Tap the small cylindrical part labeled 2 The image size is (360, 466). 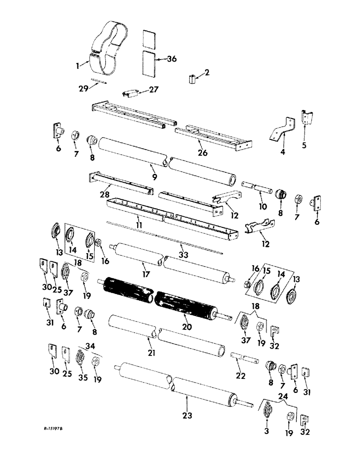pyautogui.click(x=191, y=79)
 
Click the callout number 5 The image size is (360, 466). pyautogui.click(x=305, y=145)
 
